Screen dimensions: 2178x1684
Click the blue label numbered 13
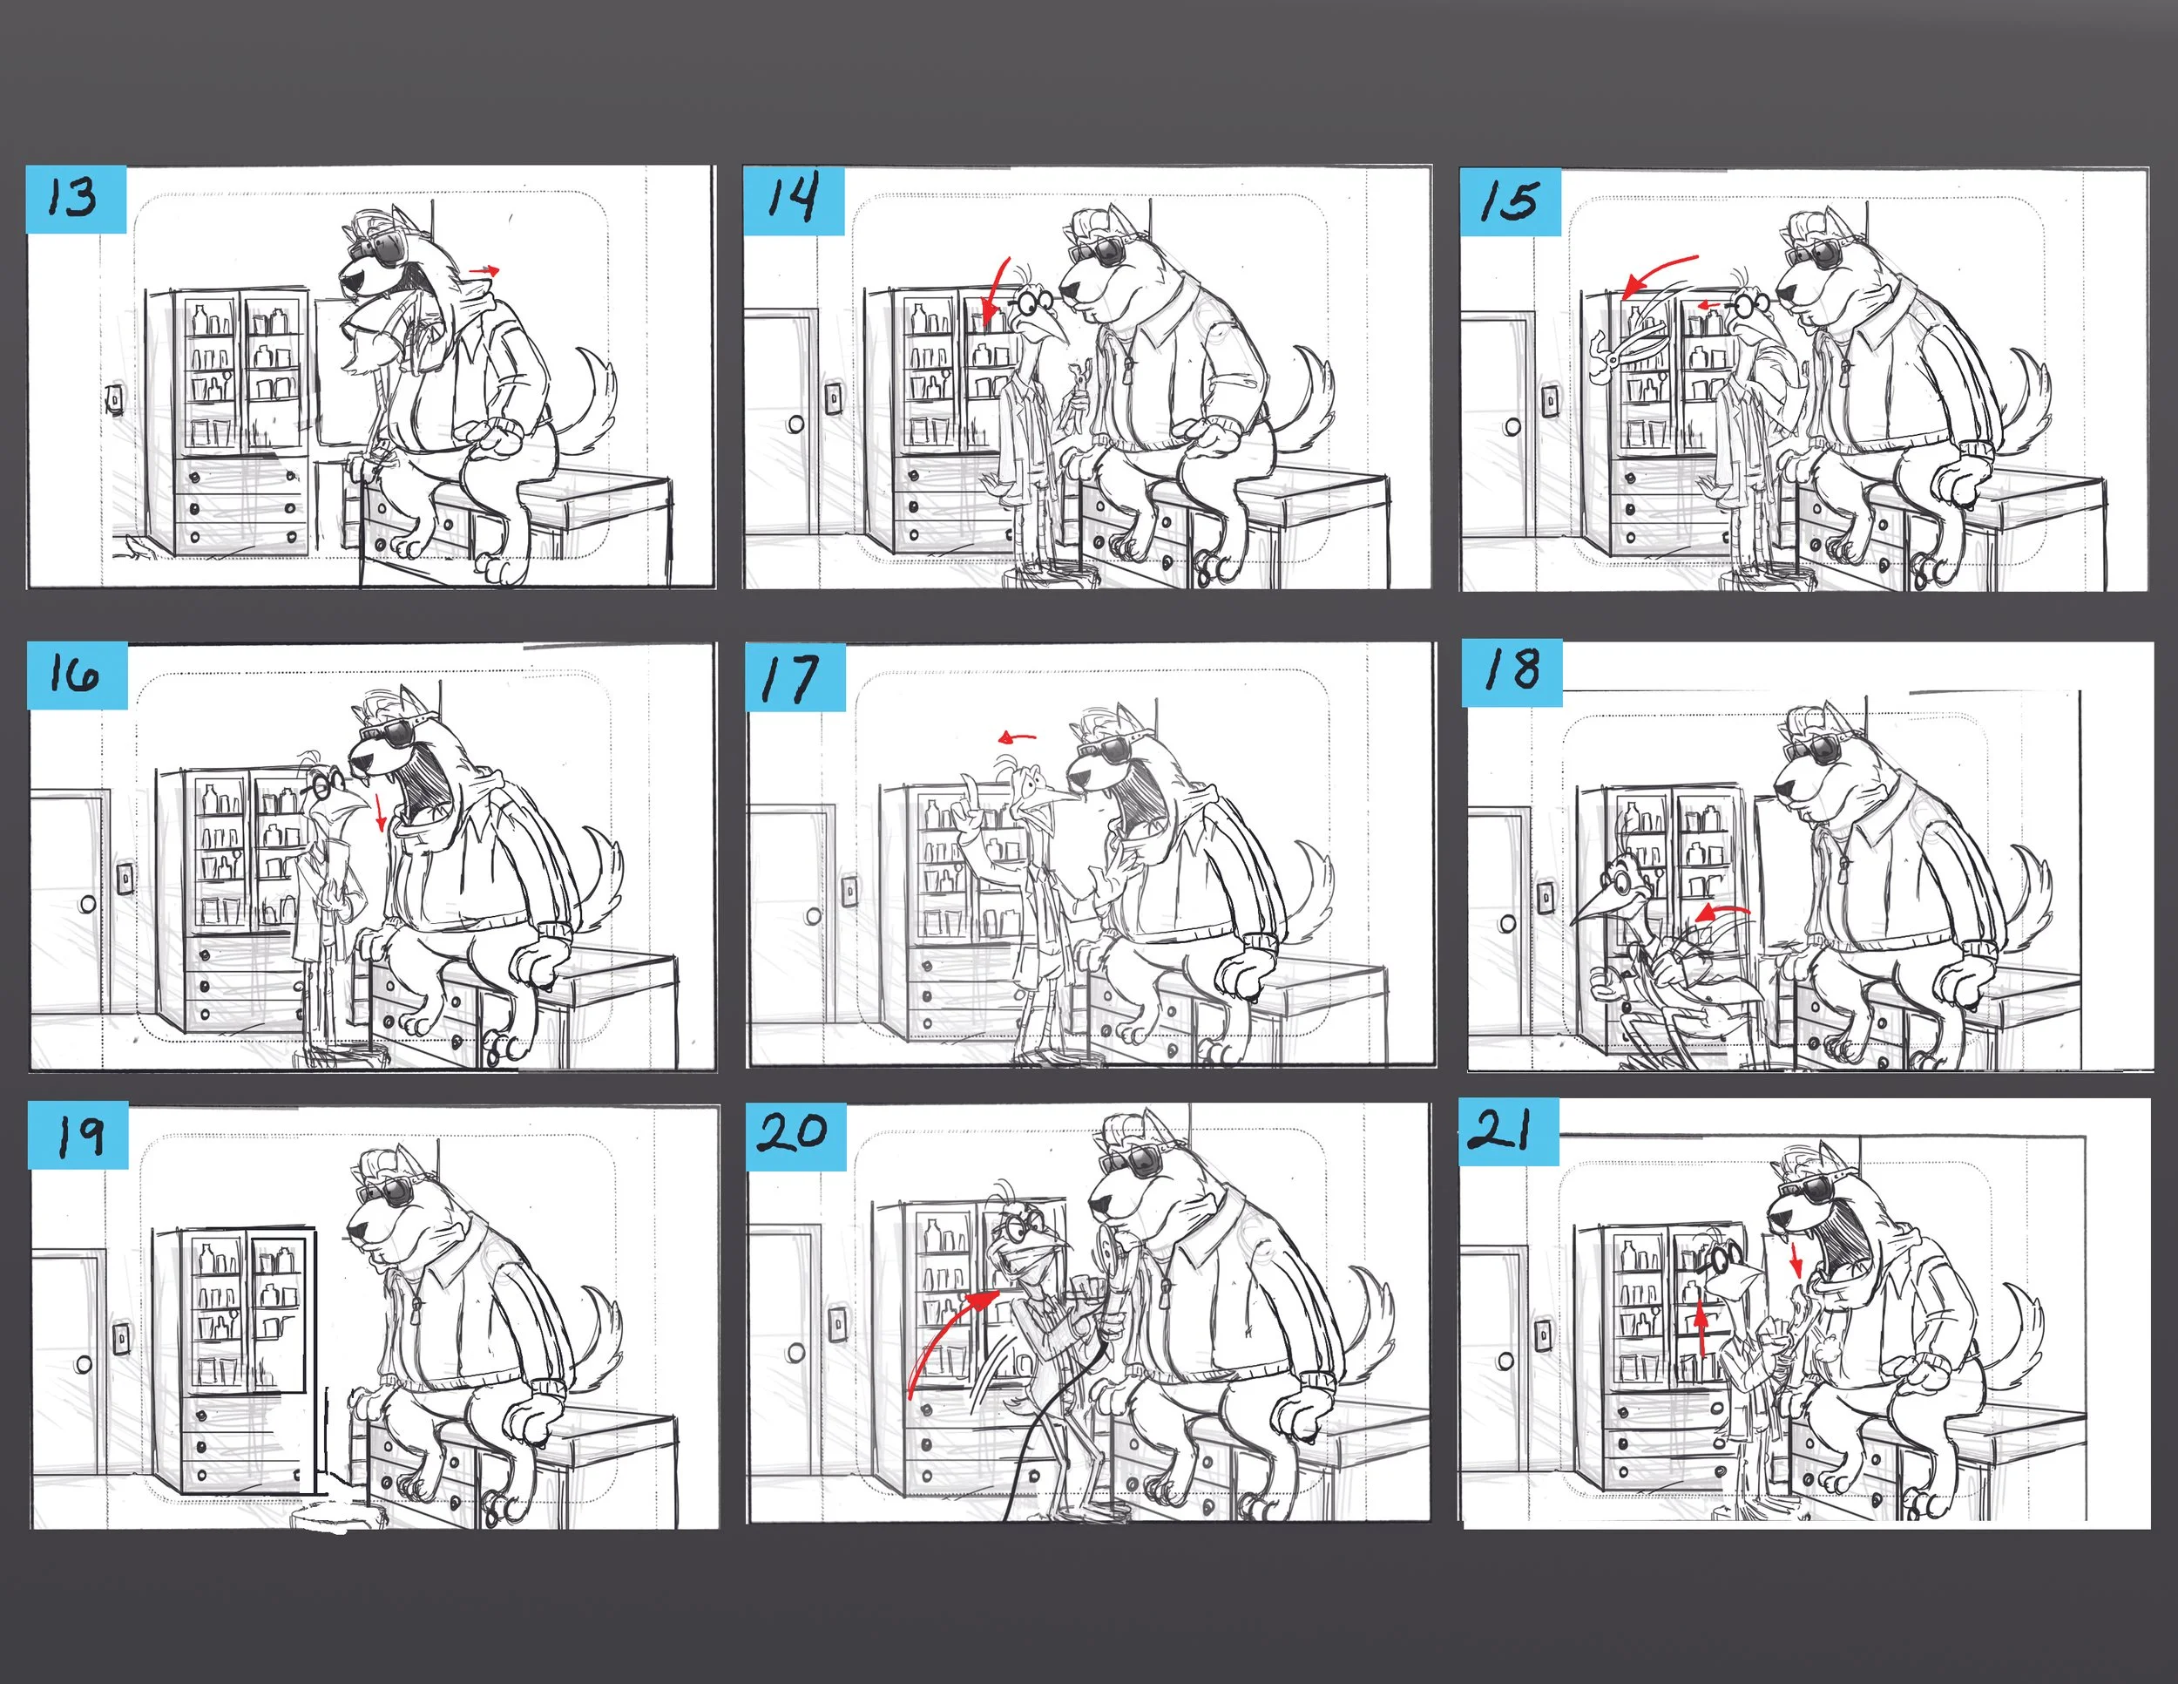[77, 200]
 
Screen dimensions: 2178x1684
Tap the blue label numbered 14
[794, 200]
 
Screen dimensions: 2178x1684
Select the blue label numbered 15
[1510, 201]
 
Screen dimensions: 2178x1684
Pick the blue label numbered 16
[78, 676]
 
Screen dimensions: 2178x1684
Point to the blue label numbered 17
[795, 677]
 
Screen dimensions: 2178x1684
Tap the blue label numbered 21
[1509, 1132]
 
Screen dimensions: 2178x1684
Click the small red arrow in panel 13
[484, 269]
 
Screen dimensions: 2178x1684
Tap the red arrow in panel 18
[1722, 912]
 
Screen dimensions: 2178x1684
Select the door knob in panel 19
[84, 1362]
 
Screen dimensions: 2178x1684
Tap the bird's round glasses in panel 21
[1717, 1258]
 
